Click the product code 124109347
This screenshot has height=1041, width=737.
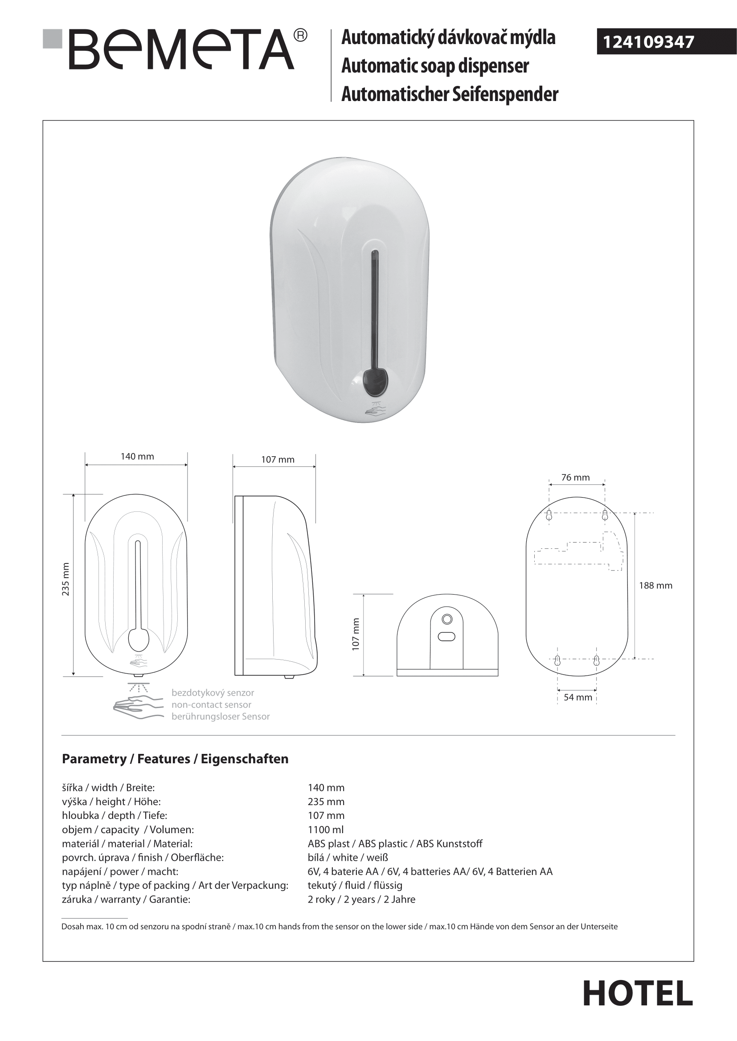click(x=648, y=42)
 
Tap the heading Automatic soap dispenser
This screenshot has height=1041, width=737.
click(x=435, y=66)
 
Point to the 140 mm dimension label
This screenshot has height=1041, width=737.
click(x=137, y=457)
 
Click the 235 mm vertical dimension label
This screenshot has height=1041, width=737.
click(x=66, y=579)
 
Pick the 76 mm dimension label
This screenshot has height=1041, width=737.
click(x=575, y=478)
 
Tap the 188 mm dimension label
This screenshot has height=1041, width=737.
click(x=655, y=585)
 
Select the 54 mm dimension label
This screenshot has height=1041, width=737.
click(x=578, y=697)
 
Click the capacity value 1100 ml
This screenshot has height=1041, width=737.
click(x=325, y=830)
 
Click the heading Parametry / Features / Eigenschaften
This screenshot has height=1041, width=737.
click(x=175, y=759)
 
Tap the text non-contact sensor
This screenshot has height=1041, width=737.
click(x=211, y=705)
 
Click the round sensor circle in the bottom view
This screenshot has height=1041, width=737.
click(x=446, y=619)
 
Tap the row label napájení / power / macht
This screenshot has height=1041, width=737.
click(x=120, y=871)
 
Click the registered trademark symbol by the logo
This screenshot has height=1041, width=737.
click(x=300, y=35)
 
